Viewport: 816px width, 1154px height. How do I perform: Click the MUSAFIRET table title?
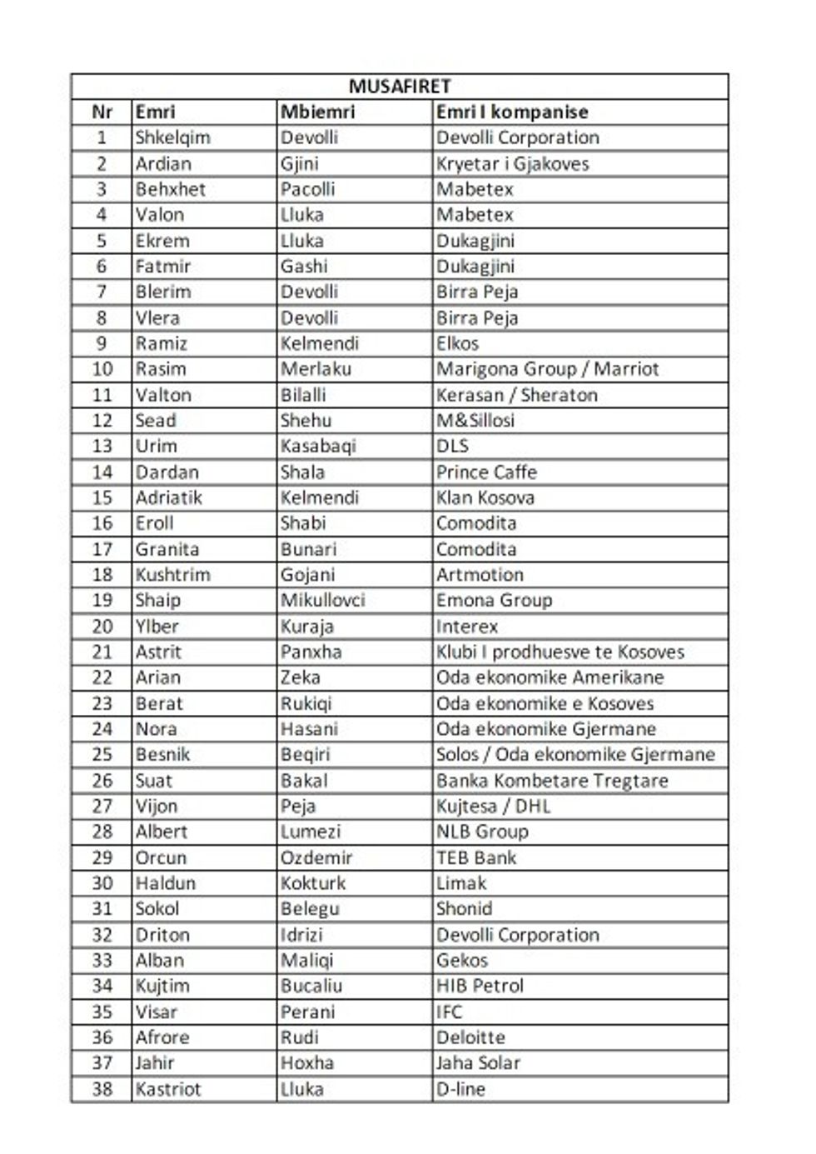pyautogui.click(x=400, y=87)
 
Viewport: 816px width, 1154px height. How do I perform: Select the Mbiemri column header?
pyautogui.click(x=317, y=112)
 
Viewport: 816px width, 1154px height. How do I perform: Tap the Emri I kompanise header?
pyautogui.click(x=512, y=112)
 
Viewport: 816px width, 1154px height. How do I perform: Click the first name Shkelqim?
pyautogui.click(x=173, y=137)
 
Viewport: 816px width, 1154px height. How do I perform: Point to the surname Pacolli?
pyautogui.click(x=307, y=189)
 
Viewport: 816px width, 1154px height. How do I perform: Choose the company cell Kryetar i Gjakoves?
pyautogui.click(x=512, y=163)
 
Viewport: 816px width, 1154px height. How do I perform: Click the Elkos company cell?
pyautogui.click(x=457, y=343)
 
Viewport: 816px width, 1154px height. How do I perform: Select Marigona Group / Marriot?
pyautogui.click(x=547, y=369)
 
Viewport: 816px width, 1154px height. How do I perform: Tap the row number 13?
pyautogui.click(x=102, y=446)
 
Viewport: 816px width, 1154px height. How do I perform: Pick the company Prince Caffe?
pyautogui.click(x=486, y=472)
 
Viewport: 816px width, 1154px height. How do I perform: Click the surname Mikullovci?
pyautogui.click(x=322, y=600)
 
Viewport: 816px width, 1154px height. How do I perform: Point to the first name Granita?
pyautogui.click(x=167, y=549)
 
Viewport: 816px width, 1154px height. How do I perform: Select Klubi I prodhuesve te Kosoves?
pyautogui.click(x=560, y=652)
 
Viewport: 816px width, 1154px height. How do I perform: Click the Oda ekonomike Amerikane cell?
pyautogui.click(x=550, y=677)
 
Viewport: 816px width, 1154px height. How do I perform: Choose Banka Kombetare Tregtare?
pyautogui.click(x=552, y=781)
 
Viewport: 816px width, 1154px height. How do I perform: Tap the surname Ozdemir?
pyautogui.click(x=316, y=857)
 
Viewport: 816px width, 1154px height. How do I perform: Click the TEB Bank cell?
pyautogui.click(x=476, y=857)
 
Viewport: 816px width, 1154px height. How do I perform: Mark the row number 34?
pyautogui.click(x=102, y=986)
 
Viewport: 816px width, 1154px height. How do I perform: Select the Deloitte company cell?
pyautogui.click(x=470, y=1037)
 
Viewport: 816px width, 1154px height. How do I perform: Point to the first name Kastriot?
pyautogui.click(x=168, y=1089)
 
